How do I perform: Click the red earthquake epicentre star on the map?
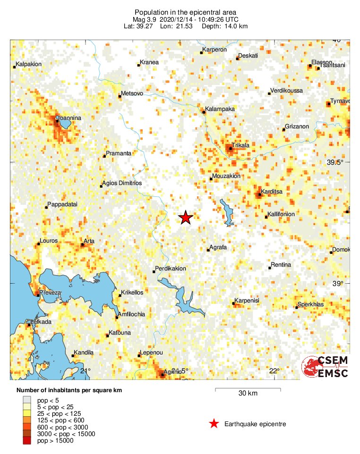point(186,218)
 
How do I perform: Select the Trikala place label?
point(241,145)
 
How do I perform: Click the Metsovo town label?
point(132,93)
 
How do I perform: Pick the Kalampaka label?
point(219,109)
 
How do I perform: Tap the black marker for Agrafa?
point(208,250)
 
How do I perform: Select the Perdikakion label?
point(171,269)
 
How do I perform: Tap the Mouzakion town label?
point(226,176)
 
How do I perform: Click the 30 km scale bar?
point(248,389)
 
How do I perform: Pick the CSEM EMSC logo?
point(326,367)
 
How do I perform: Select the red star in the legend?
point(214,424)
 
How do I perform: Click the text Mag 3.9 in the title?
point(146,19)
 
